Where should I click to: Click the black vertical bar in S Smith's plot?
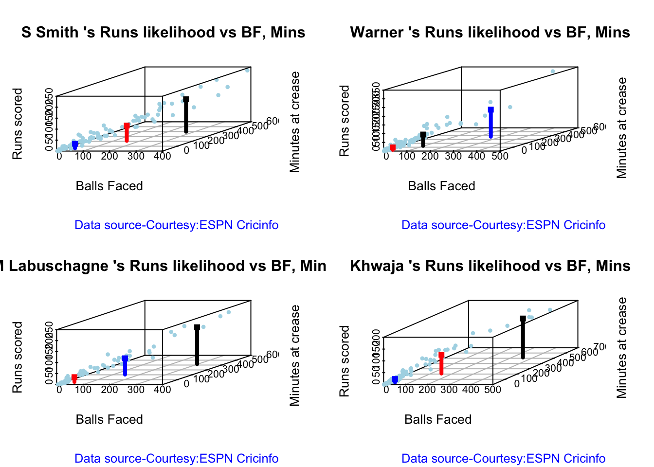coord(186,116)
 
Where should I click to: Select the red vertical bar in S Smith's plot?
coord(127,133)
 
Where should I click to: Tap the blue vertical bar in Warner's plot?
coord(490,124)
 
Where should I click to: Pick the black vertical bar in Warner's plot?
coord(423,140)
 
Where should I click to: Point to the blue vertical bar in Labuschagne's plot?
coord(125,367)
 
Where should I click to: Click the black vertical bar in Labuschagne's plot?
coord(197,346)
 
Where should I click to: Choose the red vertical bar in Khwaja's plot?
coord(441,364)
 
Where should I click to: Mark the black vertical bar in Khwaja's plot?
coord(523,339)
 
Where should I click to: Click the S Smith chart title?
coord(163,32)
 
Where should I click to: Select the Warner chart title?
coord(490,32)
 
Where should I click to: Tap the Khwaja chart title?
coord(490,266)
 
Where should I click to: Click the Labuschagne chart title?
coord(163,266)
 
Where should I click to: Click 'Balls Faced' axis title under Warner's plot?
coord(441,186)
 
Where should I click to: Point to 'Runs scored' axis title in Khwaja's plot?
coord(345,361)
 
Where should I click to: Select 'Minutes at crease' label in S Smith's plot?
coord(295,122)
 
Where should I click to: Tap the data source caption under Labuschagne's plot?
coord(176,458)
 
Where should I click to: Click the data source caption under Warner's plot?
coord(503,225)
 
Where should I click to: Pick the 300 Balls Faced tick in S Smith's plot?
coord(136,156)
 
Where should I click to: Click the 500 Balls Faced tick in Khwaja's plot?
coord(492,389)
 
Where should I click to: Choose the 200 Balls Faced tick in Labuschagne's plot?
coord(109,389)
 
